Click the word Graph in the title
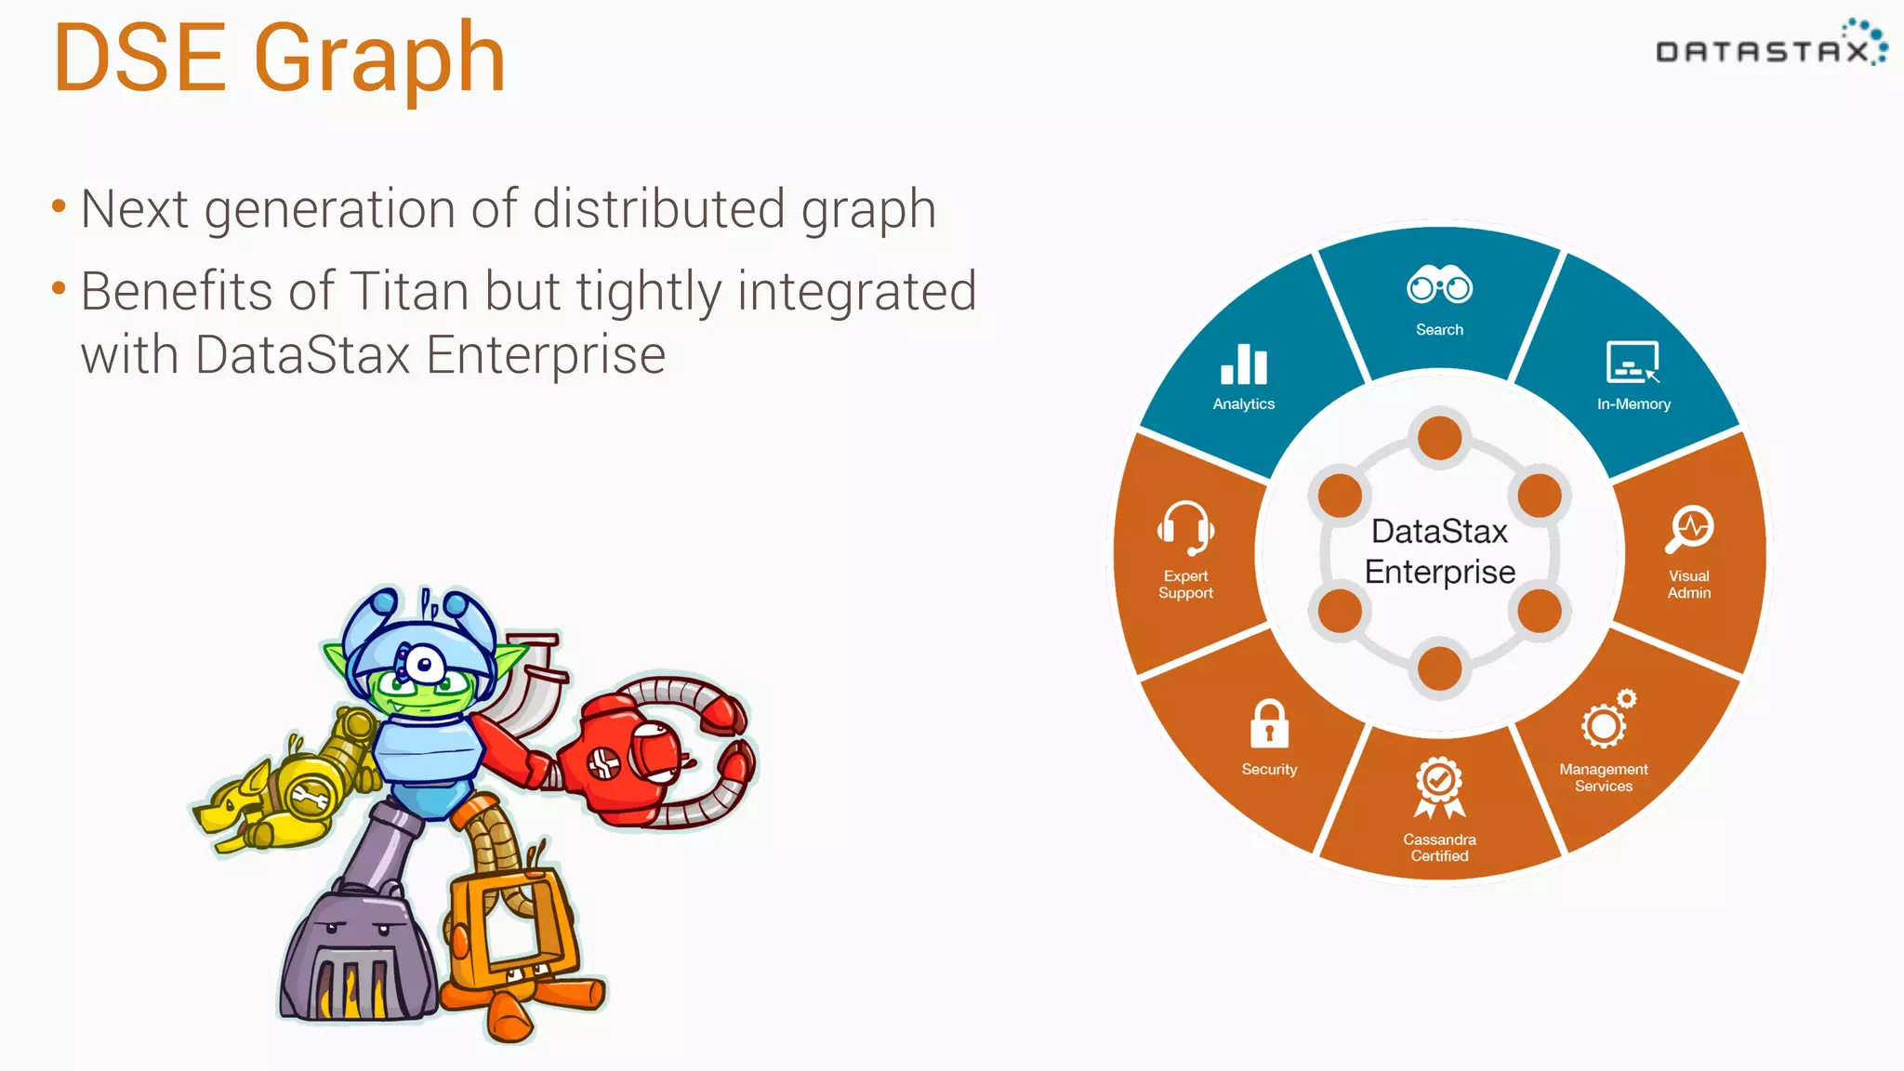coord(379,60)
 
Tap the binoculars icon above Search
coord(1439,286)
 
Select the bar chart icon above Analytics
coord(1244,364)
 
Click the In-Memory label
coord(1633,404)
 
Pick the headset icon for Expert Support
coord(1185,528)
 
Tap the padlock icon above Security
coord(1269,724)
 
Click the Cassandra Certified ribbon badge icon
coord(1439,787)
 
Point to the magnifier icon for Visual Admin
coord(1689,528)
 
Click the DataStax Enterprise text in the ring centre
coord(1440,551)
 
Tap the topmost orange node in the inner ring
coord(1440,438)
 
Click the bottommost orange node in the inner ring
coord(1440,668)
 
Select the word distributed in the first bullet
coord(658,209)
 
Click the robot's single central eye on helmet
coord(424,665)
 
